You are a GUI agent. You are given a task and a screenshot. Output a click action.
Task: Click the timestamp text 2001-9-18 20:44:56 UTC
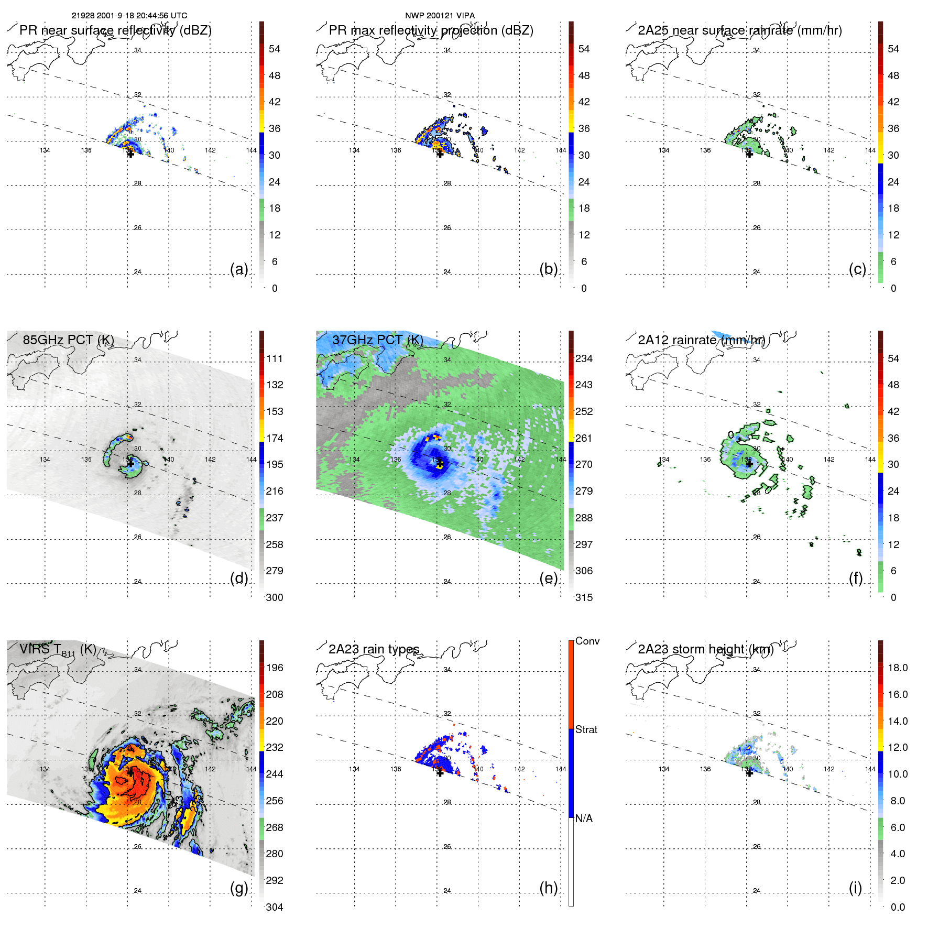click(x=141, y=16)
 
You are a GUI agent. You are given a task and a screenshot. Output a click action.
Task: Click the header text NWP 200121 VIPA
click(x=440, y=16)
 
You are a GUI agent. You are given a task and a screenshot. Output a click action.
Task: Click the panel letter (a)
click(x=239, y=269)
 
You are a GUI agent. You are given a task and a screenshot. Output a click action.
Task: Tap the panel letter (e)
click(x=548, y=578)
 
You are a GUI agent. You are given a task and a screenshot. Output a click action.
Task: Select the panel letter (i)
click(x=855, y=888)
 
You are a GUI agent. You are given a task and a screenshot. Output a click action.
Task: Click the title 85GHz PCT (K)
click(x=68, y=340)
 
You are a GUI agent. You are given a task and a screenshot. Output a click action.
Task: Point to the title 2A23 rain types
click(x=374, y=649)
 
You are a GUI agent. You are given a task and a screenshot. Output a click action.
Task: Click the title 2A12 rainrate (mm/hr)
click(x=701, y=340)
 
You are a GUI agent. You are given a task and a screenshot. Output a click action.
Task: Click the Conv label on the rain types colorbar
click(x=587, y=641)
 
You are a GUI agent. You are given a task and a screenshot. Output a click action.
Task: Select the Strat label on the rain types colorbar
click(x=586, y=729)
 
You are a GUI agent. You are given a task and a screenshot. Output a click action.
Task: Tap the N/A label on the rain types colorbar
click(x=584, y=818)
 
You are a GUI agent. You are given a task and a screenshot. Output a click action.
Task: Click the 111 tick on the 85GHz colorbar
click(x=275, y=359)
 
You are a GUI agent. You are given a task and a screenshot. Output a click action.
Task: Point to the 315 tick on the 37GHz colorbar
click(x=584, y=597)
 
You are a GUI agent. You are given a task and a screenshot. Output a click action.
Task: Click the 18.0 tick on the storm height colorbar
click(x=898, y=668)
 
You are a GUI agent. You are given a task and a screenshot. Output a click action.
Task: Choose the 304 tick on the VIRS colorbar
click(x=275, y=907)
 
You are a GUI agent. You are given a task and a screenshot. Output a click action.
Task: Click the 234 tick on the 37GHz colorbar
click(x=584, y=359)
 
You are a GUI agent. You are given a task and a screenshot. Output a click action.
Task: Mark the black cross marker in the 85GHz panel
click(x=130, y=464)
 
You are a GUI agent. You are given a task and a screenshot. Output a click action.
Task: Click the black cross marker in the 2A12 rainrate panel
click(x=749, y=464)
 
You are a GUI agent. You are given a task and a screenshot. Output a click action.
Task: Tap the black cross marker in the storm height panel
click(x=749, y=773)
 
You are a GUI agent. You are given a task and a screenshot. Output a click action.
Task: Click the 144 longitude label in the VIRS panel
click(x=252, y=769)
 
